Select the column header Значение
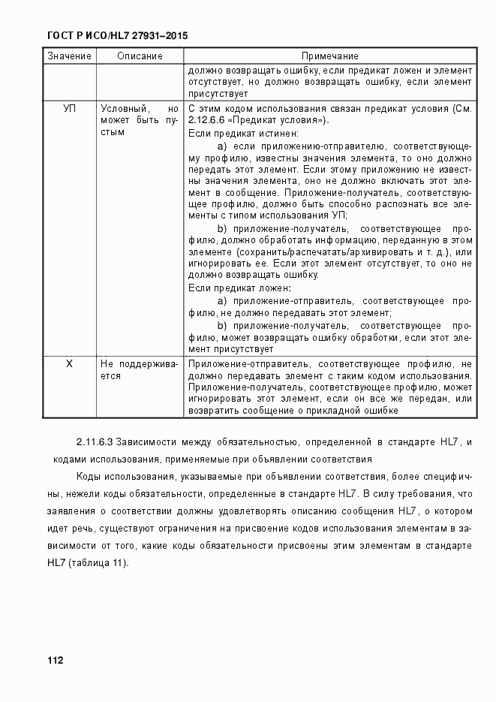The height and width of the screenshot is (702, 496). click(69, 56)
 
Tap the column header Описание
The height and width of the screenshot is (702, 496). click(140, 56)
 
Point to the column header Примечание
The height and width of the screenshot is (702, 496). click(329, 56)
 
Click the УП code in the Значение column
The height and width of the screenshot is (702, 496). click(69, 108)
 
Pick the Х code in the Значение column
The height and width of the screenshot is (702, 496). click(69, 363)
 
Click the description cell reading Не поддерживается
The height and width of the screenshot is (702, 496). click(140, 369)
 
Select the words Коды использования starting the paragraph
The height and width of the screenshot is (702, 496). click(122, 476)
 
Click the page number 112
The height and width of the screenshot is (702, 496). click(55, 660)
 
